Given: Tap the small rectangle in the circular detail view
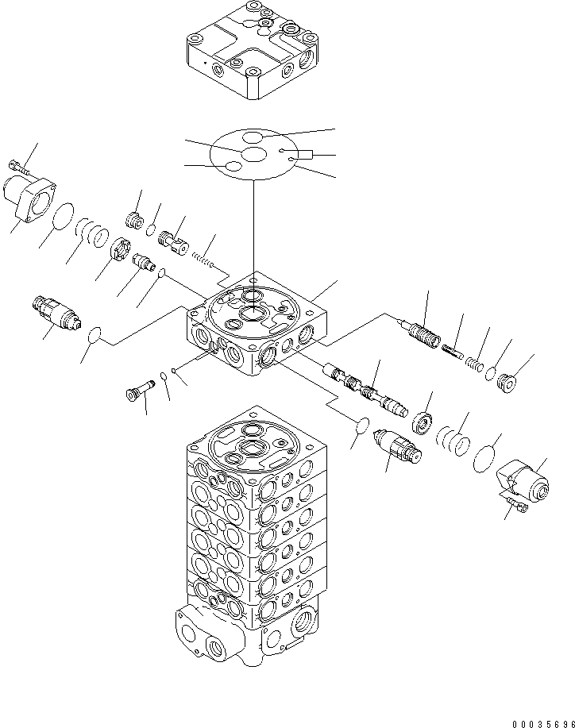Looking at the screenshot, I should click(305, 155).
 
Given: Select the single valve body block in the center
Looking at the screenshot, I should click(258, 325).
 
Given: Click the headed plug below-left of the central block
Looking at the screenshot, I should click(137, 392).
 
